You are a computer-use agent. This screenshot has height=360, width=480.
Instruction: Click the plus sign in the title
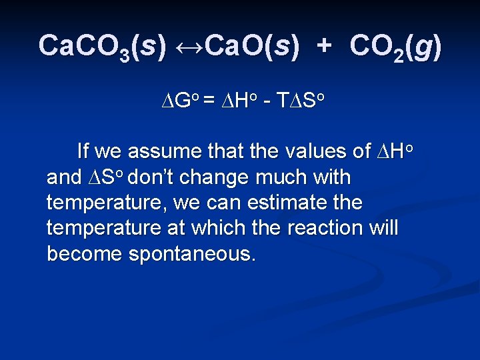[324, 45]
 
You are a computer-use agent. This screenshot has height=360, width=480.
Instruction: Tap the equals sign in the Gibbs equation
[209, 101]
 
